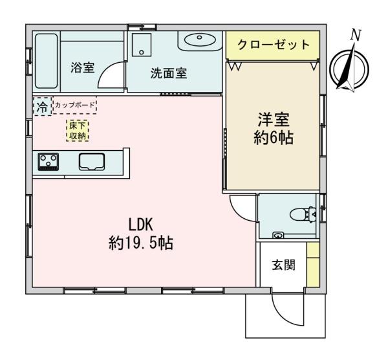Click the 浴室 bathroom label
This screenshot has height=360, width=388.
pos(82,68)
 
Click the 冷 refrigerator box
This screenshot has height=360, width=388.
pos(41,106)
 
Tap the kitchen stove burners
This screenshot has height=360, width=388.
pos(48,161)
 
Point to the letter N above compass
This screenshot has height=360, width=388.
pos(354,35)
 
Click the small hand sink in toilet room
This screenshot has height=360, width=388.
pos(278,235)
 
